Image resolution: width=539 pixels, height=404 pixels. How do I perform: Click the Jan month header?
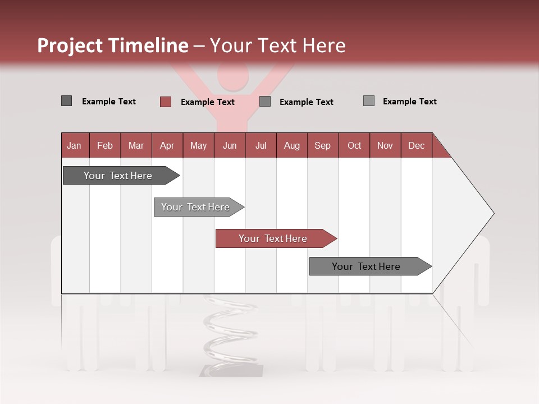[74, 145]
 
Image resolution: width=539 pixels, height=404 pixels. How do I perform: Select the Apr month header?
[167, 145]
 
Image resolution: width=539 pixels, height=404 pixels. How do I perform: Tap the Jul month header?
[261, 145]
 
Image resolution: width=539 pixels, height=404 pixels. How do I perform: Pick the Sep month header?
[322, 145]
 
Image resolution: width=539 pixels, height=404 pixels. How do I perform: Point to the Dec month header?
[416, 145]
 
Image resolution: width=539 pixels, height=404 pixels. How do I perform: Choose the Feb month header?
[105, 145]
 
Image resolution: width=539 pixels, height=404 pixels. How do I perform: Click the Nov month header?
[385, 145]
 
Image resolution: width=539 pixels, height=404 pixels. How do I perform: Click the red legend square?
[166, 102]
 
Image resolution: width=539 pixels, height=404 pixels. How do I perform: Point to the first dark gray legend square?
[66, 101]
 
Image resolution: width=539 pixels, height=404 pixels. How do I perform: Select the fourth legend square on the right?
[369, 101]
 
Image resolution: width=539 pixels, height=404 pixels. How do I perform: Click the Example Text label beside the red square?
[208, 102]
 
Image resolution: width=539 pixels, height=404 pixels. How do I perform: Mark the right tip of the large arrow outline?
[494, 213]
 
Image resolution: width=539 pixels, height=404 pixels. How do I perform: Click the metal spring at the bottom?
[230, 331]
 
